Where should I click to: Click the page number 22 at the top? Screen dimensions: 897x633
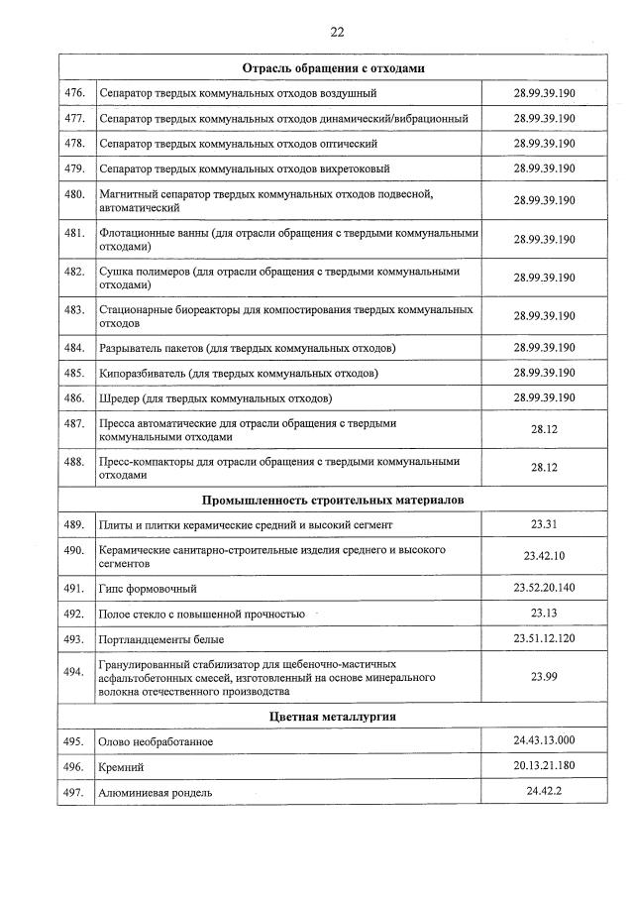click(x=337, y=32)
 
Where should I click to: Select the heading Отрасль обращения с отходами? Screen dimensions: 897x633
click(x=333, y=68)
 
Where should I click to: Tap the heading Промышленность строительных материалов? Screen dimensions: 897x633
click(x=333, y=500)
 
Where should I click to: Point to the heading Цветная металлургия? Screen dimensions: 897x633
click(x=333, y=716)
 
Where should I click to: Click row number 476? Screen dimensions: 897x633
click(x=74, y=93)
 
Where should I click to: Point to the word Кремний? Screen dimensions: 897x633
click(x=122, y=767)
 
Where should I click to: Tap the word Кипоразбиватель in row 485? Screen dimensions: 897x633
click(x=143, y=374)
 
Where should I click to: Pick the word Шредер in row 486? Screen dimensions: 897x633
click(x=121, y=398)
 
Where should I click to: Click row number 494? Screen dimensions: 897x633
click(x=74, y=671)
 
